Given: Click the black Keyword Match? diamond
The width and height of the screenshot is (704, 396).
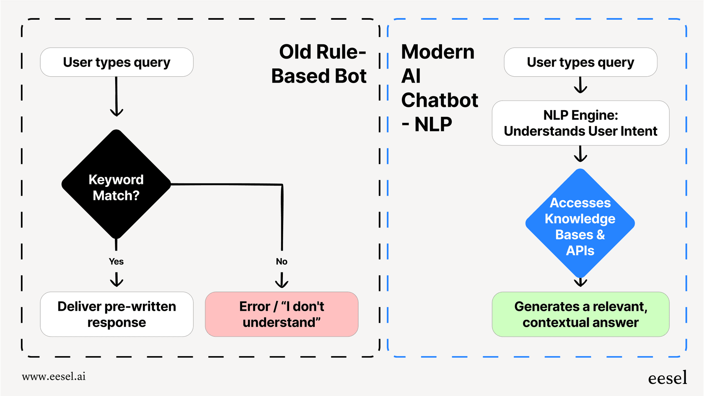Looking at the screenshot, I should (116, 184).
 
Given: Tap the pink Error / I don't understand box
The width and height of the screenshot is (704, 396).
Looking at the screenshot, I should (282, 314).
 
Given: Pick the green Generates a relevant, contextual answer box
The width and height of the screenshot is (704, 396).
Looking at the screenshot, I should (580, 314).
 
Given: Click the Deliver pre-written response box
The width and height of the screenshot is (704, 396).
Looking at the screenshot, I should (116, 314).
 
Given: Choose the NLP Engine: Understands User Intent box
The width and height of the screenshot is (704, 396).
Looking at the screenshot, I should (580, 123).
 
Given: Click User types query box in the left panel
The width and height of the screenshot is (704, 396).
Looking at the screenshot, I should (116, 62).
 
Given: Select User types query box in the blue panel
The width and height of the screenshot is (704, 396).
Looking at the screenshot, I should (580, 62).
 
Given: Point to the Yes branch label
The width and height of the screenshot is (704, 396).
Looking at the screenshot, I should (116, 261).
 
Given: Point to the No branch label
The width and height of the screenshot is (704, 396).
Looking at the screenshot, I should (282, 261).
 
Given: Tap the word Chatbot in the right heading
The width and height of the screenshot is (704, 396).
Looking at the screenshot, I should (440, 100).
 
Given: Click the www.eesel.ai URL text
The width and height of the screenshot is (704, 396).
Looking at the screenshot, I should (54, 376).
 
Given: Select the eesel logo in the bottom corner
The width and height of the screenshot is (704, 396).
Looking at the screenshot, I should (667, 378).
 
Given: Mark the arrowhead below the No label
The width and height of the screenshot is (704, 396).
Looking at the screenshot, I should (282, 280).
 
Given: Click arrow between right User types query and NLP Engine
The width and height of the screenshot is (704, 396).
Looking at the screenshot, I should (580, 85).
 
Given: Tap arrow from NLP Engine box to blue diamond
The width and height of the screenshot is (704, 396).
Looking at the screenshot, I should (580, 154).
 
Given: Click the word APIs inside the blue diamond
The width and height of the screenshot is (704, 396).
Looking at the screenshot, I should (580, 251).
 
